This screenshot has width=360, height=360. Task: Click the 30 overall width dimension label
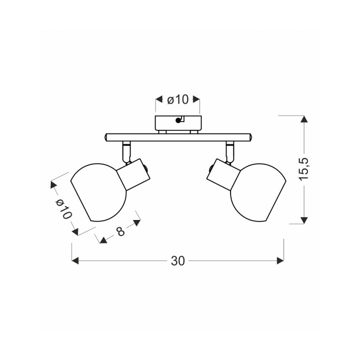click(x=177, y=261)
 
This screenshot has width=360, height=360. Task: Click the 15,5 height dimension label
click(x=304, y=169)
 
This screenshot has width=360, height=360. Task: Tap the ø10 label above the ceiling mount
click(x=177, y=100)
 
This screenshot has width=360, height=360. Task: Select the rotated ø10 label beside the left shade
click(x=63, y=209)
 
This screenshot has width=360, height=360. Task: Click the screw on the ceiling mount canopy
click(x=178, y=120)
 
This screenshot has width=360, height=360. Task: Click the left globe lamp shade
click(x=98, y=192)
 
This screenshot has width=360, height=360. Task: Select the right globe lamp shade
click(x=258, y=192)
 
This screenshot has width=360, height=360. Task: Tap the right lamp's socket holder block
click(x=223, y=174)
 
